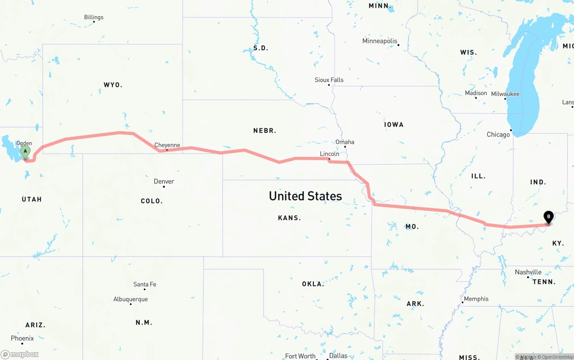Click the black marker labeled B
pyautogui.click(x=548, y=217)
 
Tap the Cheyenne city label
pyautogui.click(x=167, y=145)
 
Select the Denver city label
pyautogui.click(x=164, y=181)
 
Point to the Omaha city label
pyautogui.click(x=345, y=142)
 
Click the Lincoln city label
pyautogui.click(x=330, y=154)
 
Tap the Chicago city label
pyautogui.click(x=498, y=134)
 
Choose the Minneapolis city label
pyautogui.click(x=380, y=41)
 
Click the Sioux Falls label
pyautogui.click(x=329, y=80)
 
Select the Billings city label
pyautogui.click(x=94, y=17)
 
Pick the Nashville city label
pyautogui.click(x=528, y=272)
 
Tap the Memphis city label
pyautogui.click(x=476, y=299)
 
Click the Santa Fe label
pyautogui.click(x=144, y=284)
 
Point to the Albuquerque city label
pyautogui.click(x=130, y=299)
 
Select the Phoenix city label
pyautogui.click(x=22, y=338)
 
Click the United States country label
pyautogui.click(x=305, y=196)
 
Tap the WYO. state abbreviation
pyautogui.click(x=113, y=85)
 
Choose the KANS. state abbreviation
pyautogui.click(x=289, y=218)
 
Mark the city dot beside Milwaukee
pyautogui.click(x=506, y=99)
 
